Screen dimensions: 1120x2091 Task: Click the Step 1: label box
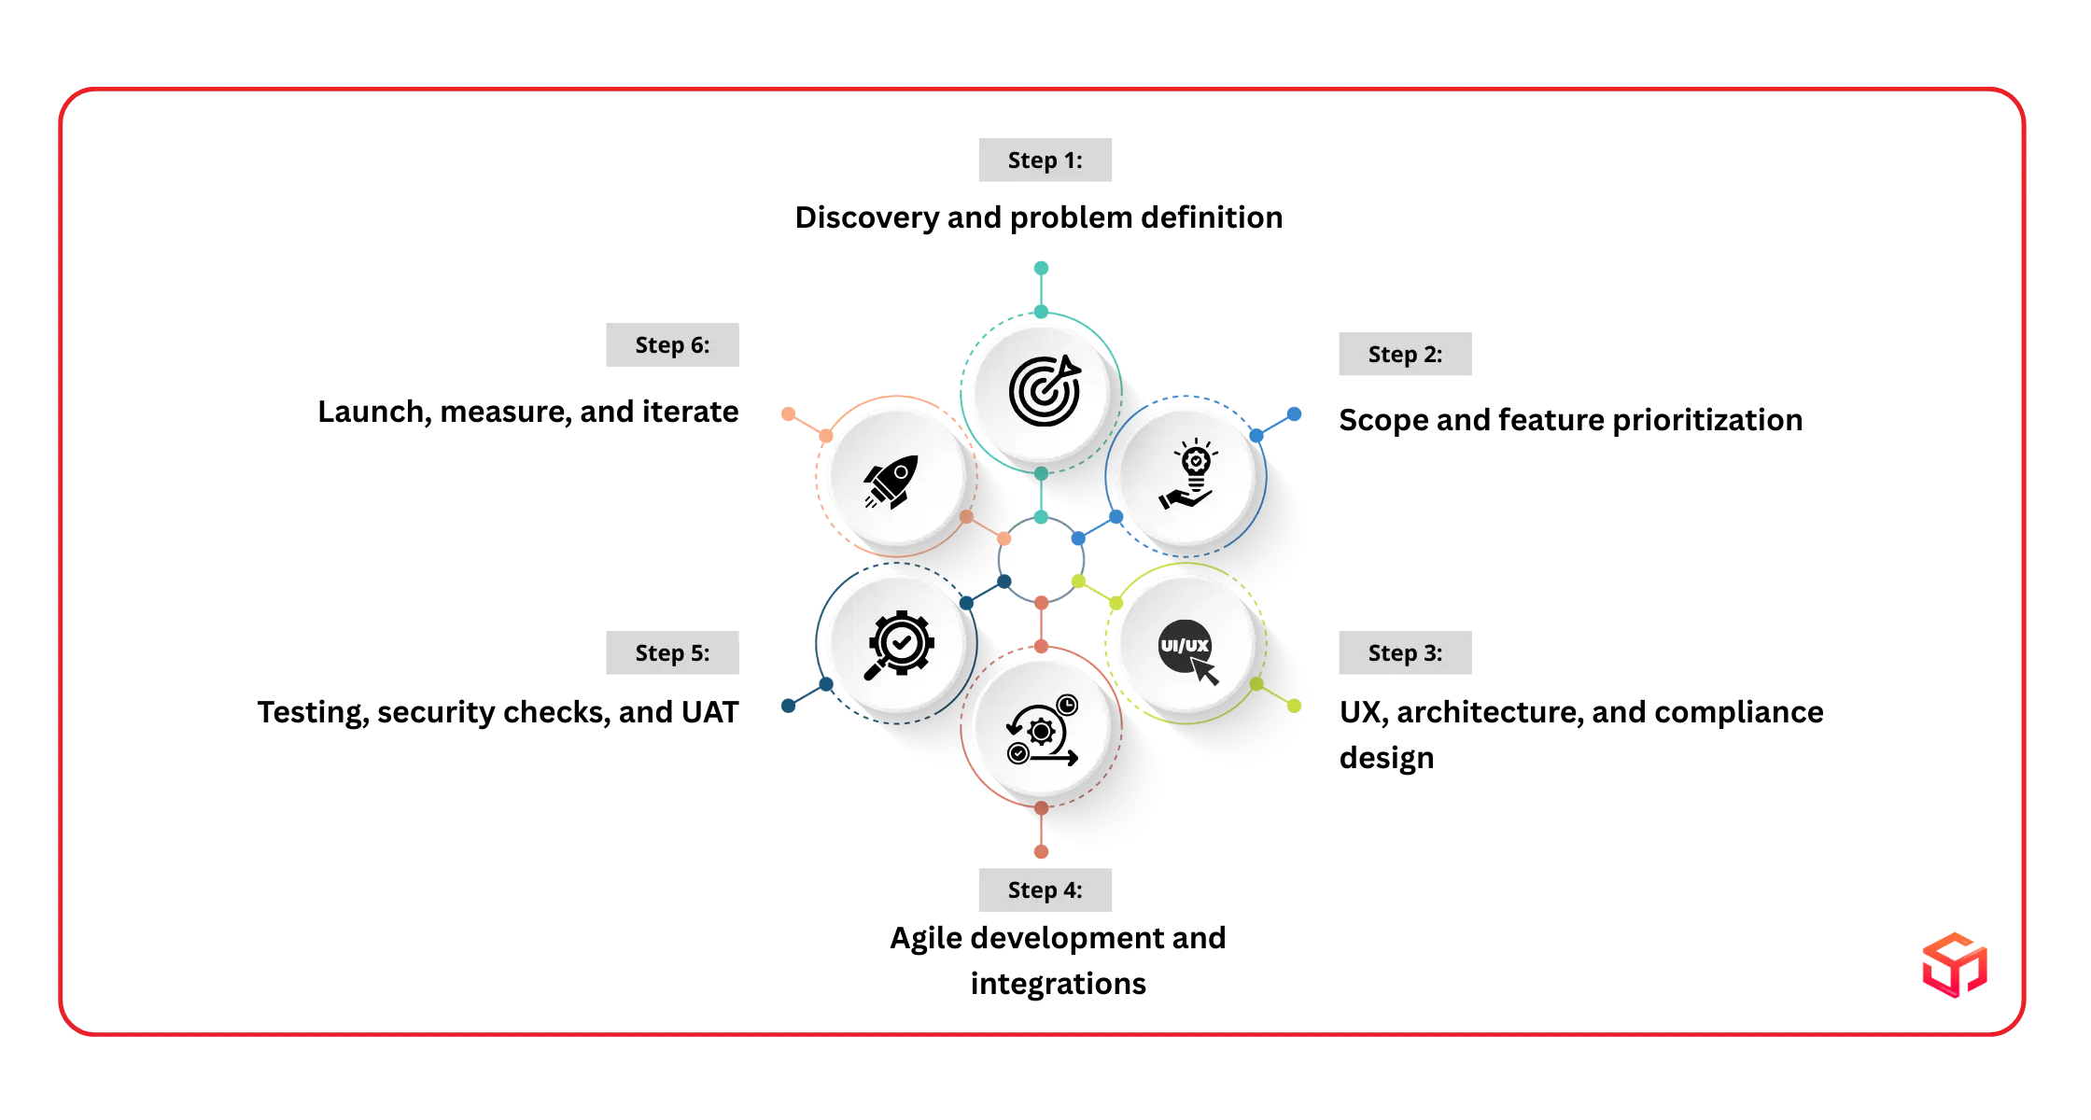(1045, 161)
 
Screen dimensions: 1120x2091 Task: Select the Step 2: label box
(1406, 355)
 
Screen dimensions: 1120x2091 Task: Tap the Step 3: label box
(1406, 653)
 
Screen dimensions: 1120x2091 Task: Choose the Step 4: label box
(1045, 891)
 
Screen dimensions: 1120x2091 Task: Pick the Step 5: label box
(674, 653)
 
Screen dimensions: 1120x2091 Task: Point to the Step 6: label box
(674, 346)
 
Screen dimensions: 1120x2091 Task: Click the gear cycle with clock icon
(1042, 730)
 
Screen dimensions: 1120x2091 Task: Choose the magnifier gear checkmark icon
(898, 644)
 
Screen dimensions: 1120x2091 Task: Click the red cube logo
(1955, 964)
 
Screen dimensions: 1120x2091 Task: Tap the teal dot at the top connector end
(1042, 269)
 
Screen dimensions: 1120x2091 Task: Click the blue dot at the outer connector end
(1295, 413)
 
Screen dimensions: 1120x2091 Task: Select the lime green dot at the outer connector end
(1295, 707)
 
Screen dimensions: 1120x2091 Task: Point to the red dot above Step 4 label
(1042, 850)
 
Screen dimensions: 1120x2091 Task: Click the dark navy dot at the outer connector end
(788, 707)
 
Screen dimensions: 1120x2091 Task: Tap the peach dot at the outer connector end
(789, 413)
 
